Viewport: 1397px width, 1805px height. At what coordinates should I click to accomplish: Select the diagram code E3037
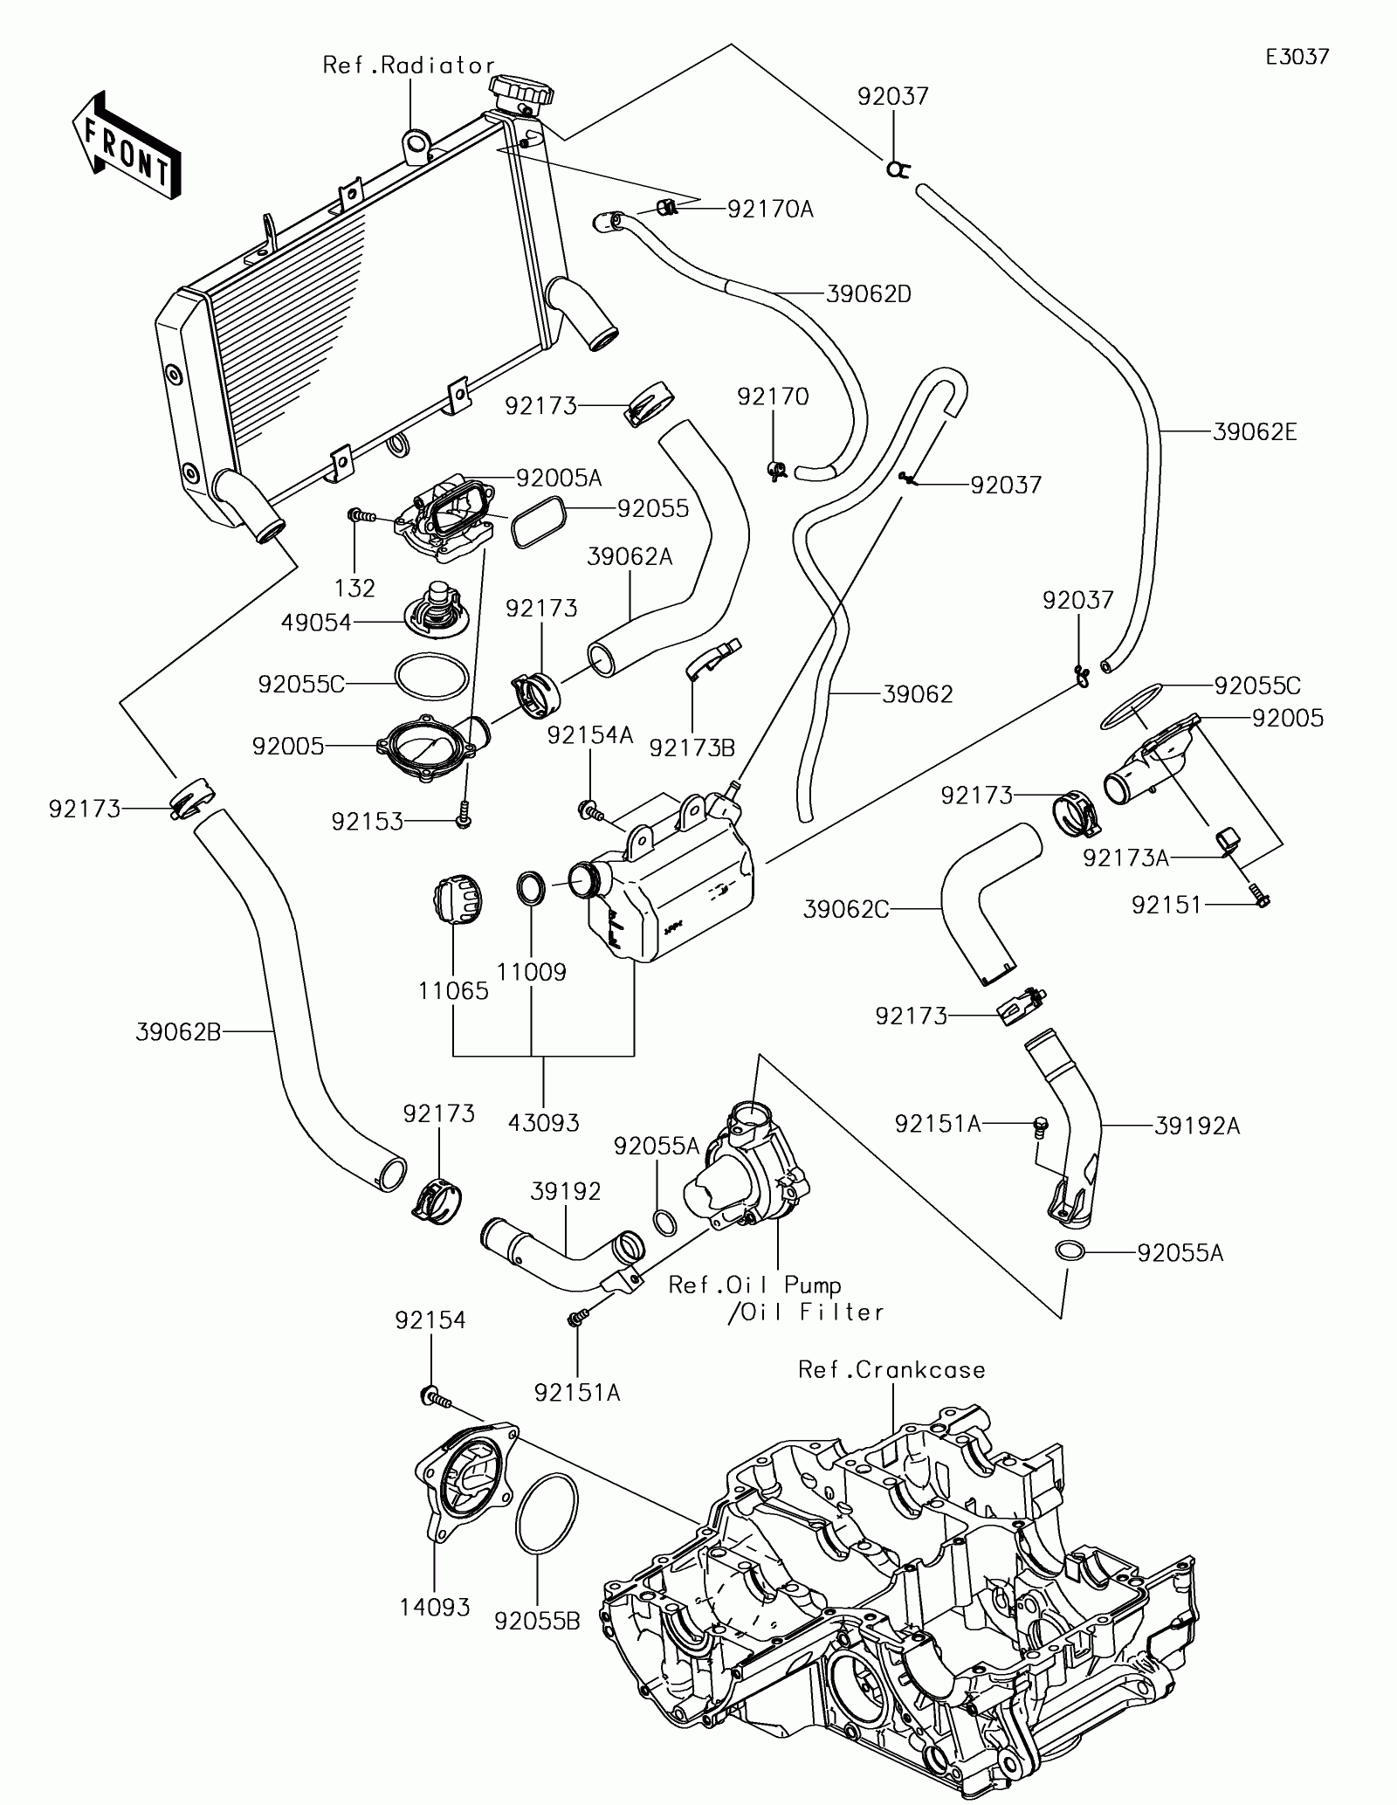point(1297,58)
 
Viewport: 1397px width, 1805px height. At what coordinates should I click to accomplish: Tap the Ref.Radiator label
point(409,65)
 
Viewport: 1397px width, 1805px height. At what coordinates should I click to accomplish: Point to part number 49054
point(316,623)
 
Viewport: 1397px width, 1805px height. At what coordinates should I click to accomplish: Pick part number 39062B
point(178,1032)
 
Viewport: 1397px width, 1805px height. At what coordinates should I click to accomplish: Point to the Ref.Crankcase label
point(891,1370)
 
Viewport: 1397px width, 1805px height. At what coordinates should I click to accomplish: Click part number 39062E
point(1256,431)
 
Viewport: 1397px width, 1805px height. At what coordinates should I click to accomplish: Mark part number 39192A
point(1196,1126)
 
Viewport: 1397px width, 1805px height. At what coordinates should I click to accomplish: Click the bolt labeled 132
point(361,516)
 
